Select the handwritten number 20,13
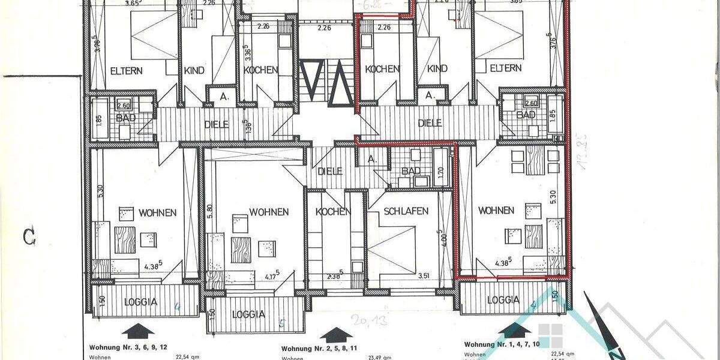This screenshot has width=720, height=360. click(370, 319)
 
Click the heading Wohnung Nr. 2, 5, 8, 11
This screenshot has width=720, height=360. click(320, 349)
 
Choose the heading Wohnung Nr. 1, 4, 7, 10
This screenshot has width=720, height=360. click(503, 344)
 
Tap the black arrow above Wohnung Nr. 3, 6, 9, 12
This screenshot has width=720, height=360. click(137, 331)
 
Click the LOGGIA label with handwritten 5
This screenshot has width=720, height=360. click(250, 314)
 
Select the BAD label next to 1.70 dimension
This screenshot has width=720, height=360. click(411, 171)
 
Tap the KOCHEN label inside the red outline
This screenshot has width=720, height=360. click(382, 69)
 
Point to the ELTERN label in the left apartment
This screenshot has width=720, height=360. click(126, 70)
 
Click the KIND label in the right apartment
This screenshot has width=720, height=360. click(438, 69)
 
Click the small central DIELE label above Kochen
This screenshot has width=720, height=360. click(329, 171)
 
